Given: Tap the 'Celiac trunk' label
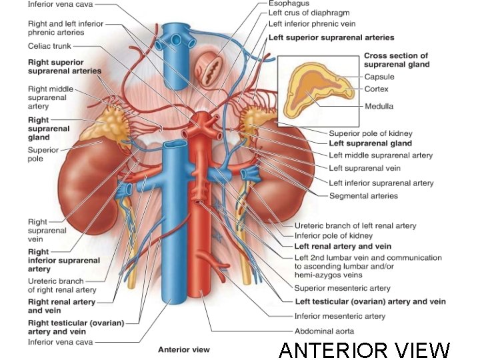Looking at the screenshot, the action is [x=49, y=46].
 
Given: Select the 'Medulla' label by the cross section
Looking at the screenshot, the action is [x=379, y=106].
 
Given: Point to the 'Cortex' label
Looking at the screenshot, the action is [x=376, y=89].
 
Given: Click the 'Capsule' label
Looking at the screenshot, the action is [x=379, y=77].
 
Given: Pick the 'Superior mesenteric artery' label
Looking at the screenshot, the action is [x=342, y=288].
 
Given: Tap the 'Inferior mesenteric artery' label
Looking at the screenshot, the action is [x=339, y=316].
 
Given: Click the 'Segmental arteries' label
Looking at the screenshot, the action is [x=363, y=196].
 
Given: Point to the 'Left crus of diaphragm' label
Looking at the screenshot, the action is [x=309, y=13].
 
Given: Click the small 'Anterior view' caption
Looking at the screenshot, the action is [x=183, y=349].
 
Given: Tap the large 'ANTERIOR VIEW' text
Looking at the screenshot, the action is [x=364, y=349].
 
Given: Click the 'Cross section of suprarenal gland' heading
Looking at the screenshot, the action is [x=396, y=60].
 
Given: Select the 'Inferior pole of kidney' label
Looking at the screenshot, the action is [x=333, y=235].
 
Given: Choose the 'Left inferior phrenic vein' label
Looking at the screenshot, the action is [x=311, y=24].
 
